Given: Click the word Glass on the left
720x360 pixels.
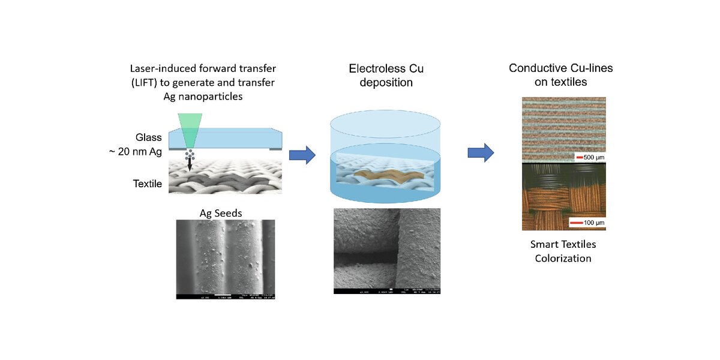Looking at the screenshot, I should click(148, 137).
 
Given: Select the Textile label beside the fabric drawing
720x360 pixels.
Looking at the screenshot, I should click(147, 184).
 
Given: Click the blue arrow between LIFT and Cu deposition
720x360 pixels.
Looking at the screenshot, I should click(302, 155).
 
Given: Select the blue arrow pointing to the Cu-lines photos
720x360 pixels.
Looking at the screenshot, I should click(480, 152).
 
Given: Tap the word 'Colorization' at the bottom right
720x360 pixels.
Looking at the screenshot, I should click(563, 259).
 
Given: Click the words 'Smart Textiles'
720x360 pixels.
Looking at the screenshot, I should click(563, 244).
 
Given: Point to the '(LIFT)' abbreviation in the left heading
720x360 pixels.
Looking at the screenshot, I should click(145, 83).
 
